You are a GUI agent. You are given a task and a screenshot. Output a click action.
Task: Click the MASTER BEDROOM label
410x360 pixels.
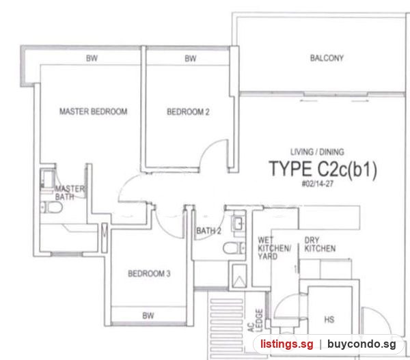click(x=94, y=111)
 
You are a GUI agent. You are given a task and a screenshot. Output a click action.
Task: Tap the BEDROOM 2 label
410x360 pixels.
click(x=188, y=112)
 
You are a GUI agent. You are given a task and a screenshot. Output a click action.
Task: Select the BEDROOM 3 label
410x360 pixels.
click(x=149, y=273)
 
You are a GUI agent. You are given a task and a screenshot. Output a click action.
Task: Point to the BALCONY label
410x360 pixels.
click(x=327, y=58)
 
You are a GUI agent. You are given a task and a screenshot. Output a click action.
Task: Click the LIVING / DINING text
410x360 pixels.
click(x=317, y=152)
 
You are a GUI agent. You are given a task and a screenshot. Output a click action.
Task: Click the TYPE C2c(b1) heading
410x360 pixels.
click(x=323, y=169)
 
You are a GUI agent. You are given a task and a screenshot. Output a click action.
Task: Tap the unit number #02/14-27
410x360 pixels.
click(x=318, y=184)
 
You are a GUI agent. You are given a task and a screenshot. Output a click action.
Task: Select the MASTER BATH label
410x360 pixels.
click(x=70, y=193)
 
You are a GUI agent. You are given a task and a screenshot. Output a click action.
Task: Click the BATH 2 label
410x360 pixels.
click(x=208, y=231)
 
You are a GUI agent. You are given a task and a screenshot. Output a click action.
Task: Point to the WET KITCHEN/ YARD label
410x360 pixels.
click(x=274, y=248)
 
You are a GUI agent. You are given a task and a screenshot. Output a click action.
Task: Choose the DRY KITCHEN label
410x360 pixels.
click(x=320, y=244)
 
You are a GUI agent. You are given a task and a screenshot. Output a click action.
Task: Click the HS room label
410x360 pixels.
click(x=329, y=319)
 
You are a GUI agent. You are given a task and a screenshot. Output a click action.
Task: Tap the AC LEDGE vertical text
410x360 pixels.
click(x=255, y=320)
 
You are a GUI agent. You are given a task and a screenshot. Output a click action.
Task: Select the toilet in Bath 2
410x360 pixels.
click(x=234, y=247)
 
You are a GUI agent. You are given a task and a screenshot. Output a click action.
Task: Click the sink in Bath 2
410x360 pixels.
click(x=238, y=223)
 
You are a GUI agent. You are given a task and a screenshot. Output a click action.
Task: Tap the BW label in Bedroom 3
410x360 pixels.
click(x=148, y=316)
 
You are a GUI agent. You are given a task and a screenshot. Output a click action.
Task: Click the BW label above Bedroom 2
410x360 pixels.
click(x=191, y=58)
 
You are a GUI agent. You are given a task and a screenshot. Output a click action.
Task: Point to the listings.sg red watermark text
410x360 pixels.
click(x=286, y=344)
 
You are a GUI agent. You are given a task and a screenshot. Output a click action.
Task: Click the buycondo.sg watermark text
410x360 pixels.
click(x=361, y=344)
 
